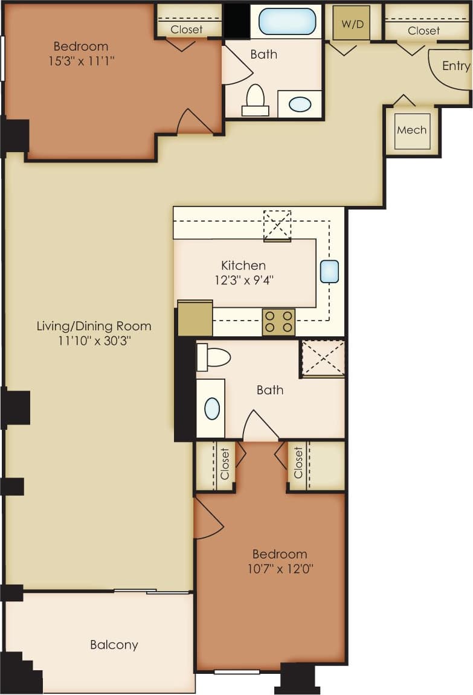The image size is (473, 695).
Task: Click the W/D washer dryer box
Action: click(351, 23)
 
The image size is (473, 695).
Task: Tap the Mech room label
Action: click(412, 130)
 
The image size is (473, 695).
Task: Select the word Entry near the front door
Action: click(455, 66)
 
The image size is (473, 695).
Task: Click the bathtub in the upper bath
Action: click(287, 21)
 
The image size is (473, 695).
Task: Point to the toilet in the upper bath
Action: click(256, 100)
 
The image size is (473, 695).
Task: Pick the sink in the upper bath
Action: click(300, 104)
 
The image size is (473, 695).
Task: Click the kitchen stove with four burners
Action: click(278, 322)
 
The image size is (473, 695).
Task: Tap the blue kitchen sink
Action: click(329, 272)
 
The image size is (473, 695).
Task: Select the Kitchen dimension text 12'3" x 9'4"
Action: click(243, 280)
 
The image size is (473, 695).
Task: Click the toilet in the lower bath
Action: click(214, 357)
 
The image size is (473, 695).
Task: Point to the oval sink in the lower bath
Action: click(211, 409)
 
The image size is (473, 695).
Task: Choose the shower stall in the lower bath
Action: click(323, 358)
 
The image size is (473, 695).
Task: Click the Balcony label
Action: click(114, 645)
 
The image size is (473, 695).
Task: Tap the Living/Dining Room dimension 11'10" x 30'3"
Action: click(94, 341)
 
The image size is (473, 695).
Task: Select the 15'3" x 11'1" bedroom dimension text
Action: click(81, 60)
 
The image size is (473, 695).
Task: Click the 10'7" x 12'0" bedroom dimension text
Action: click(280, 568)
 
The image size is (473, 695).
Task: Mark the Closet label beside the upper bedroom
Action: click(187, 30)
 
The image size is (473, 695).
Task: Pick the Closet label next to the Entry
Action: click(423, 30)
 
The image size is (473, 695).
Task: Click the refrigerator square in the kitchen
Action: click(195, 318)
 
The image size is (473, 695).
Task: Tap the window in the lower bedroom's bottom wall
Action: click(237, 671)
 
